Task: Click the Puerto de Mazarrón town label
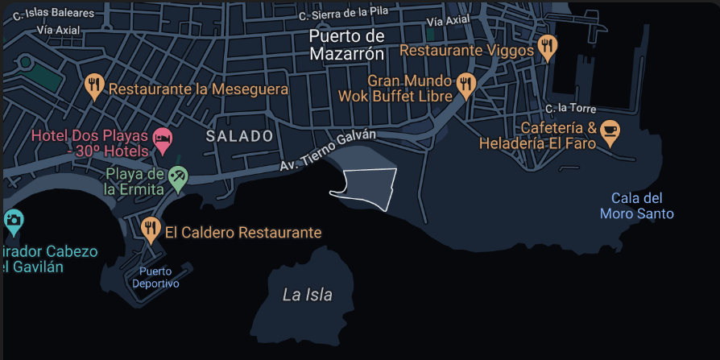click(346, 45)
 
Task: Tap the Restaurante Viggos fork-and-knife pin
click(548, 48)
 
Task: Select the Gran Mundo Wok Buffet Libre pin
click(466, 83)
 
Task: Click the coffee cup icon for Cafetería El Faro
click(610, 133)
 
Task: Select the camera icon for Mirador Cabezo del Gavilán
click(13, 219)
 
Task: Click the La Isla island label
click(307, 295)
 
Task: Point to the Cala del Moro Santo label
click(636, 206)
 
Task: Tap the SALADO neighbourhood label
click(240, 136)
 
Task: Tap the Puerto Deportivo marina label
click(156, 277)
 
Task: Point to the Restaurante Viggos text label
click(466, 50)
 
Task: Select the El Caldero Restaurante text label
click(243, 233)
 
